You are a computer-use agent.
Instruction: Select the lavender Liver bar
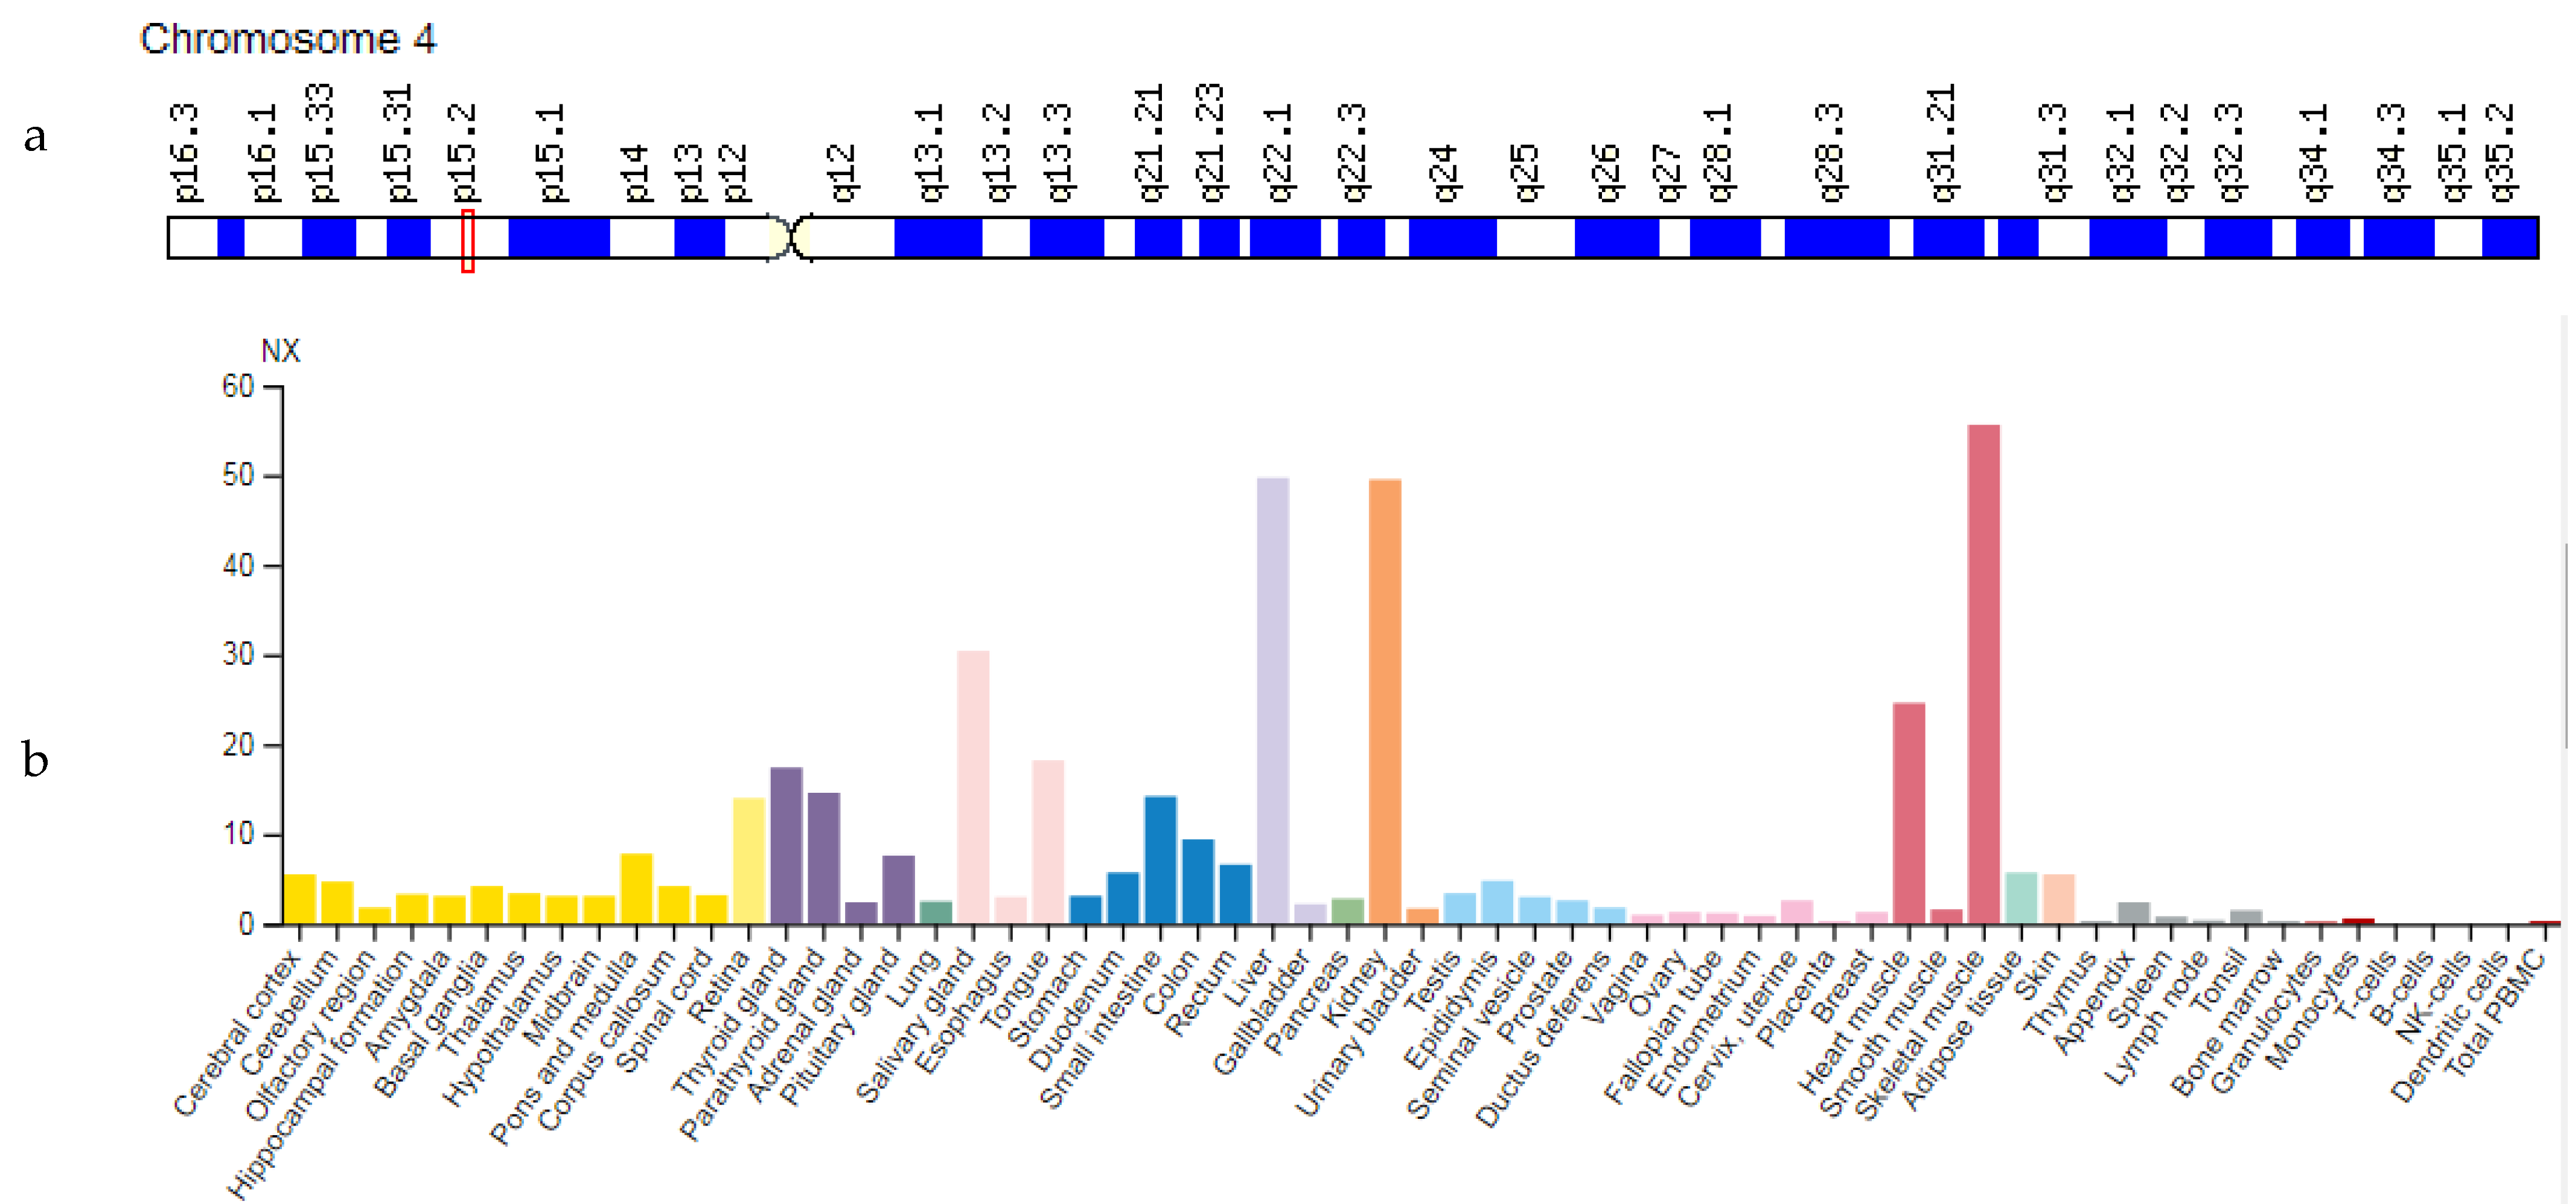1272,700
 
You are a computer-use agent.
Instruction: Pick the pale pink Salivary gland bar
972,787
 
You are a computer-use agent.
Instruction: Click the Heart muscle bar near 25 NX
1908,813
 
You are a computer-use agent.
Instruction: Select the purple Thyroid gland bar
786,845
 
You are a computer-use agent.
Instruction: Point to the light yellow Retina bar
748,860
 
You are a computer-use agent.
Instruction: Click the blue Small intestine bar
1160,859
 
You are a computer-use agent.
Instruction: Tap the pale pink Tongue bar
1048,841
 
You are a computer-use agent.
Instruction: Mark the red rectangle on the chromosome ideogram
467,240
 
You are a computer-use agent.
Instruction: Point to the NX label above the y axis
280,351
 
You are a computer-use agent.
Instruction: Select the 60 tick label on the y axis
238,387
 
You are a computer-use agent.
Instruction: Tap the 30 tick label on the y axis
238,655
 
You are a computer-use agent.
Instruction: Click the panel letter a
35,136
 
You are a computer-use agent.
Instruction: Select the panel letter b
35,760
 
